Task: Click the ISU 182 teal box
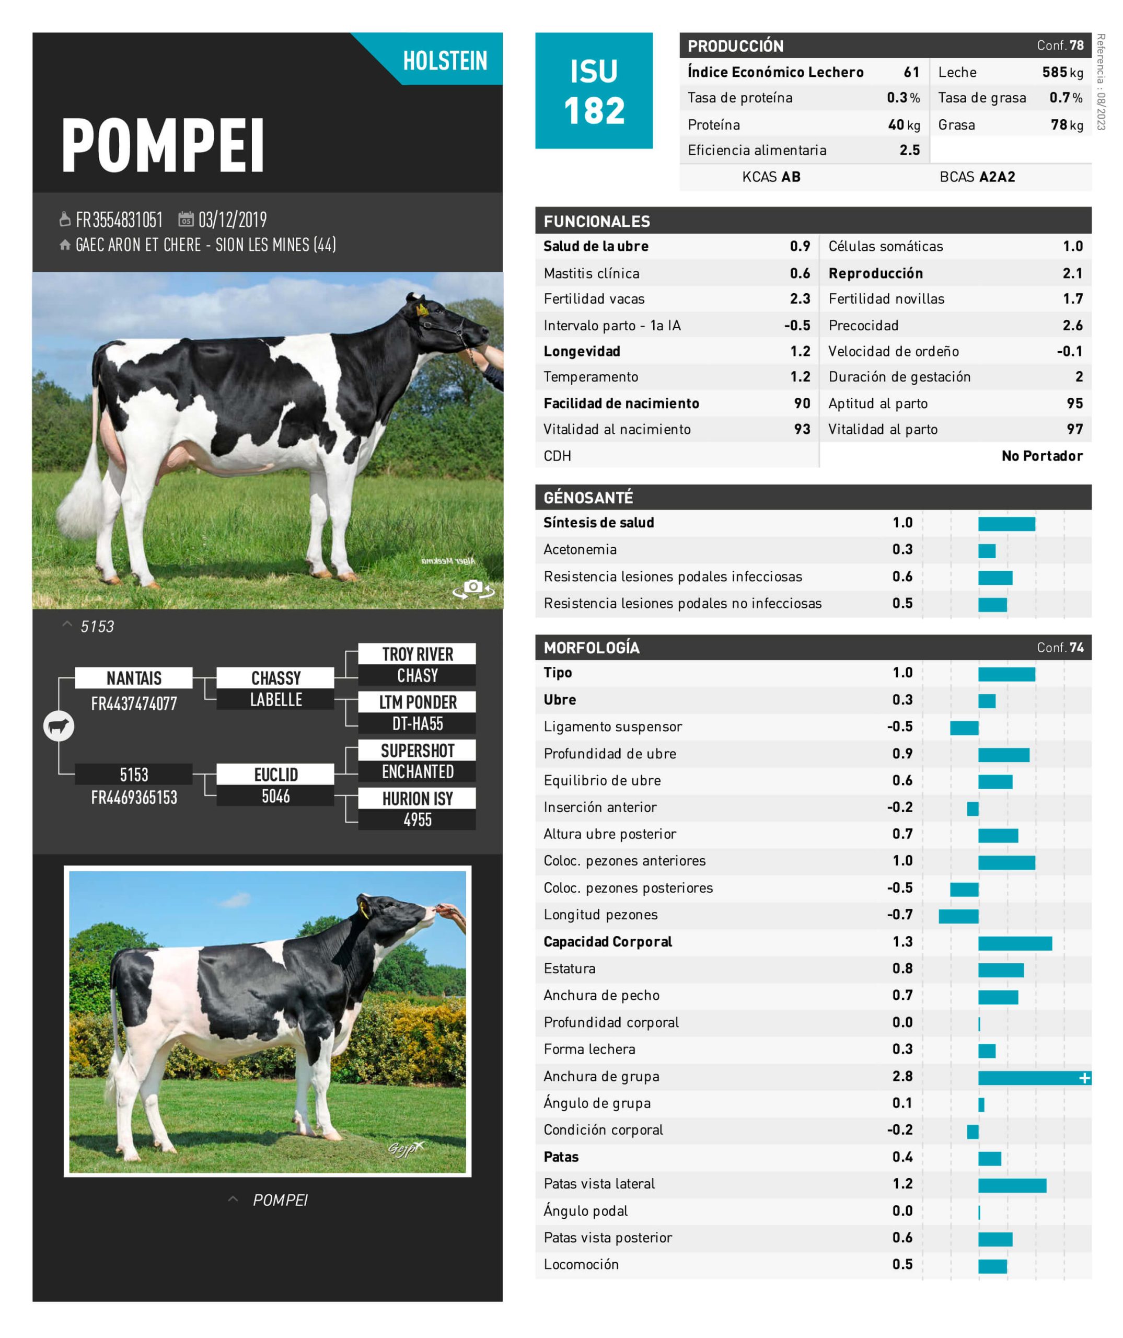[x=593, y=90]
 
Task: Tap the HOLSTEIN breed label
[x=445, y=61]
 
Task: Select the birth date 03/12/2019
[x=232, y=220]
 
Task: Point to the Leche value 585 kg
[x=1062, y=72]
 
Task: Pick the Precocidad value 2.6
[x=1072, y=326]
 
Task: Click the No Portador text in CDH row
[x=1041, y=456]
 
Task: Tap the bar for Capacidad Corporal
[x=1015, y=943]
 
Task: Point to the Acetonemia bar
[x=987, y=550]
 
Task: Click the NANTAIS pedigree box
[x=134, y=678]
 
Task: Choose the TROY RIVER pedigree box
[x=417, y=654]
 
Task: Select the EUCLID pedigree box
[x=275, y=774]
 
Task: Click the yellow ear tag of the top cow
[x=422, y=310]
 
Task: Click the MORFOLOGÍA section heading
[x=591, y=648]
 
